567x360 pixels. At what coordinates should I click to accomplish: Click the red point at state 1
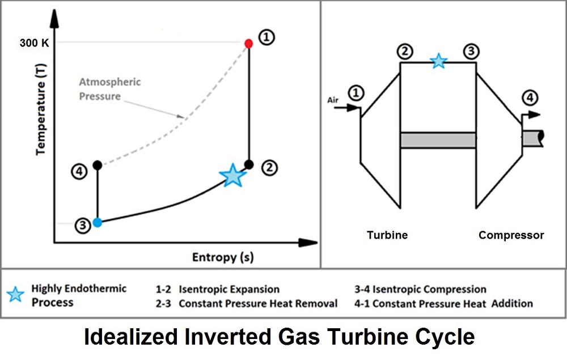pyautogui.click(x=248, y=43)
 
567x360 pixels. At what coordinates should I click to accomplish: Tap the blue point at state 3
pyautogui.click(x=98, y=222)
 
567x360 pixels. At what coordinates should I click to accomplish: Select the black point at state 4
pyautogui.click(x=98, y=165)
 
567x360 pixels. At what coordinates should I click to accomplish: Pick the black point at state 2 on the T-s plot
pyautogui.click(x=248, y=164)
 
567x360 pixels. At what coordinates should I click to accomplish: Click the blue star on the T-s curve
pyautogui.click(x=232, y=176)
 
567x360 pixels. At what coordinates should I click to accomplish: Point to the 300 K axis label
pyautogui.click(x=35, y=43)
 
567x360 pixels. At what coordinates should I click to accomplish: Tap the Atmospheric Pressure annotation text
pyautogui.click(x=109, y=89)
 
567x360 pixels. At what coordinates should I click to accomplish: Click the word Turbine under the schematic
pyautogui.click(x=387, y=235)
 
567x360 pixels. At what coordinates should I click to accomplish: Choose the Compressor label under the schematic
pyautogui.click(x=511, y=235)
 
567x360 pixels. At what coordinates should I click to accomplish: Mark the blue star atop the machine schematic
pyautogui.click(x=438, y=61)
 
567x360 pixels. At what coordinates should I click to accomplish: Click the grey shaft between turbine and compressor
pyautogui.click(x=438, y=140)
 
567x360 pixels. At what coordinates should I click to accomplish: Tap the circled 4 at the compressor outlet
pyautogui.click(x=530, y=98)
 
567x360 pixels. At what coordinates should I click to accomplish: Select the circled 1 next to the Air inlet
pyautogui.click(x=356, y=93)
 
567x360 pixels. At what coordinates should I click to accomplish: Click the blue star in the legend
pyautogui.click(x=16, y=294)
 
